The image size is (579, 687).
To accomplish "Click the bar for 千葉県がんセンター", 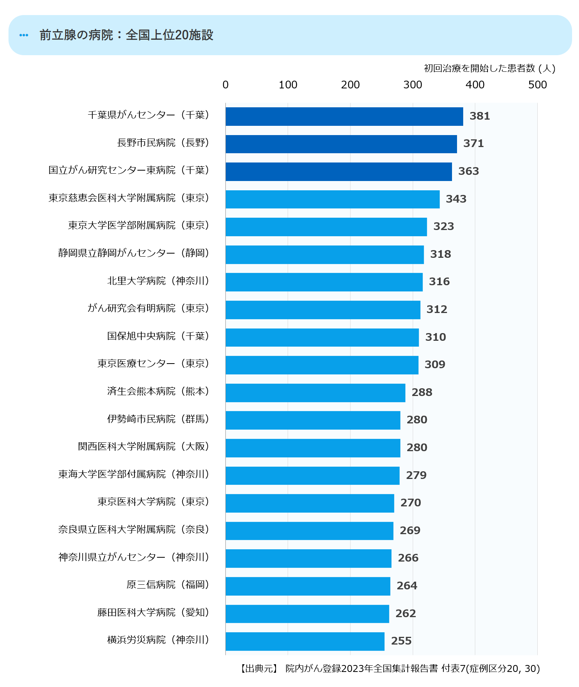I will (344, 117).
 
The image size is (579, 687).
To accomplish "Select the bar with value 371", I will (341, 144).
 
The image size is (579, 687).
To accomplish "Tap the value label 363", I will (468, 171).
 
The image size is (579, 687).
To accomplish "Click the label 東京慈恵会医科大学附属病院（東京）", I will (129, 198).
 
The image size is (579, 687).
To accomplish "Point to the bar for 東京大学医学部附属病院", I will (326, 227).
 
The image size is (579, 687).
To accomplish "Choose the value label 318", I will (440, 254).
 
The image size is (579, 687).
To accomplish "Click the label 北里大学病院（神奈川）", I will (158, 281).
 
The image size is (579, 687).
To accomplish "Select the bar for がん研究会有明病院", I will (323, 310).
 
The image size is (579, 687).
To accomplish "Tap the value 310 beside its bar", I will (435, 337).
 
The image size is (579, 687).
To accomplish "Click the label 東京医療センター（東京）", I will (153, 364).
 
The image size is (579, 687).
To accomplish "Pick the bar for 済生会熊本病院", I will (315, 393).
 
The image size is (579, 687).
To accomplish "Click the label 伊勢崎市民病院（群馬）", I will (158, 419).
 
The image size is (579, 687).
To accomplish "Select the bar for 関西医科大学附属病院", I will (313, 448).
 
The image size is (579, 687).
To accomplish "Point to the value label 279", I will (416, 475).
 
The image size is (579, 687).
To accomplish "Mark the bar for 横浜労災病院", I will (305, 641).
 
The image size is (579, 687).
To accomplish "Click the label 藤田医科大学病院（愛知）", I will (153, 613).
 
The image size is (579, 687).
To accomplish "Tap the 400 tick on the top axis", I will (475, 85).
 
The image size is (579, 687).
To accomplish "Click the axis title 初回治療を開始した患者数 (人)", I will (489, 68).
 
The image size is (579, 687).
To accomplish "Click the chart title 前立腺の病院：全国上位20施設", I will (126, 35).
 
